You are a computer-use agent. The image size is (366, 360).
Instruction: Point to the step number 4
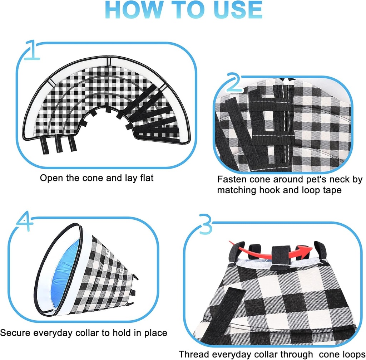point(24,223)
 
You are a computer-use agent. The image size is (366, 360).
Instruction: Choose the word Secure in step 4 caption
point(15,333)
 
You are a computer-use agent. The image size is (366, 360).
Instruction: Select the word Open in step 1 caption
point(51,178)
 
